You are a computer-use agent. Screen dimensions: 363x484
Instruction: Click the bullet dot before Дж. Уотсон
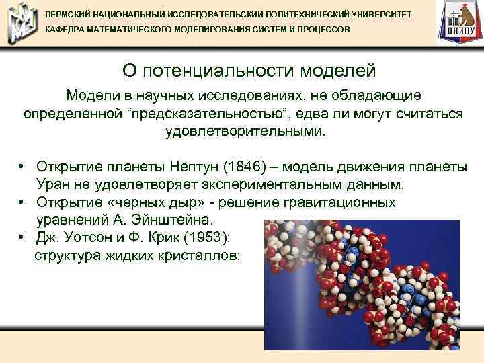[x=23, y=237]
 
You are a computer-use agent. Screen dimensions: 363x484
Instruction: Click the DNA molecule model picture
[x=356, y=282]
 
